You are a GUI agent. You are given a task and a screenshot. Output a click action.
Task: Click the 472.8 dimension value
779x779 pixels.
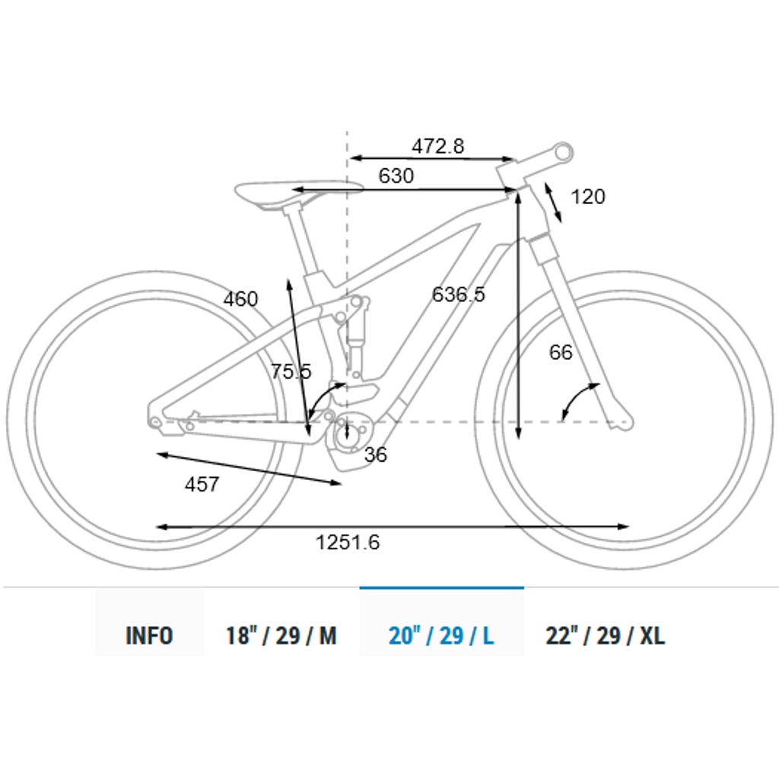tap(437, 146)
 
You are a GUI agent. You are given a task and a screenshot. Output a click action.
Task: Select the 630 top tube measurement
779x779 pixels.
tap(396, 176)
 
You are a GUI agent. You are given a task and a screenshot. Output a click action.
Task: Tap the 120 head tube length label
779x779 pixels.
tap(588, 197)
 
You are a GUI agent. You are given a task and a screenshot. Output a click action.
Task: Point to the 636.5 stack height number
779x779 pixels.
tap(458, 294)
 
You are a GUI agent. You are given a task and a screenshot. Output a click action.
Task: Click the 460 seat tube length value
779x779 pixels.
tap(240, 299)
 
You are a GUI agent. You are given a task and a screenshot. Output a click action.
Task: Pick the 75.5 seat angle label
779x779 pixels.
tap(291, 371)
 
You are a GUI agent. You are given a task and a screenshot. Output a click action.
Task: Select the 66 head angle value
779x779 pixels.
tap(561, 352)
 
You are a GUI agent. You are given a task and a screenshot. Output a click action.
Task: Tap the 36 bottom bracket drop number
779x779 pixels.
tap(376, 455)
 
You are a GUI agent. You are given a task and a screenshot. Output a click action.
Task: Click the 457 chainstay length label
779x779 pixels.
tap(202, 485)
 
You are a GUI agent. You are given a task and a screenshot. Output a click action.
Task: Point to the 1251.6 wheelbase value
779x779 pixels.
tap(348, 542)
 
